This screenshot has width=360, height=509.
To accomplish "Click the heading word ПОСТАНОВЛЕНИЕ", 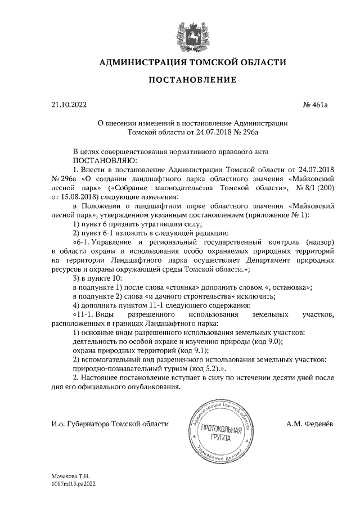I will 192,80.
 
